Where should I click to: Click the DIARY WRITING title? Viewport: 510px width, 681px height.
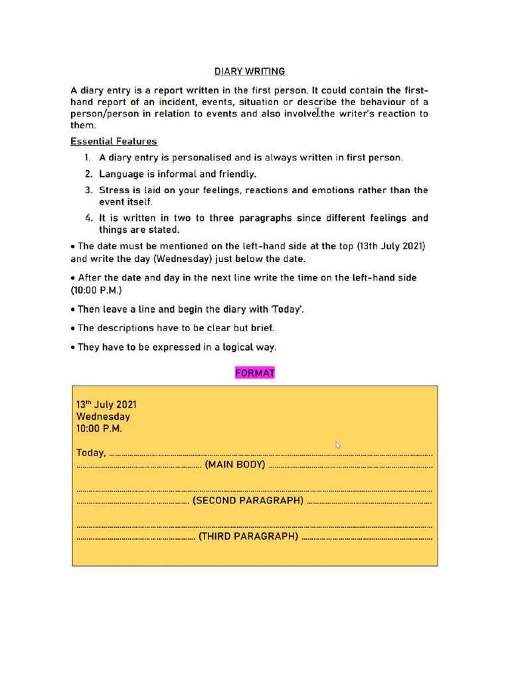pyautogui.click(x=249, y=71)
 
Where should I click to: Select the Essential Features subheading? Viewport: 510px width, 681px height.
pyautogui.click(x=114, y=141)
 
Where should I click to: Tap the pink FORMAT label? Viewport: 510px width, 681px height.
pyautogui.click(x=254, y=373)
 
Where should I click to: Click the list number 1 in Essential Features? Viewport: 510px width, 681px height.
pyautogui.click(x=87, y=158)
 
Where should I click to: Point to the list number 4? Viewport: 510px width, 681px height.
pyautogui.click(x=88, y=218)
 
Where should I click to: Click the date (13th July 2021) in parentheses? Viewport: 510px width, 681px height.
pyautogui.click(x=390, y=246)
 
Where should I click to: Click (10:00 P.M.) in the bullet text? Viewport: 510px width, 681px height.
pyautogui.click(x=96, y=291)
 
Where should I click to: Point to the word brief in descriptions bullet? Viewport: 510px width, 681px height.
pyautogui.click(x=262, y=328)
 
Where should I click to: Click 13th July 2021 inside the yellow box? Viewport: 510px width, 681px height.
pyautogui.click(x=106, y=404)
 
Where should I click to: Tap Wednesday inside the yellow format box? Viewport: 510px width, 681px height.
pyautogui.click(x=103, y=417)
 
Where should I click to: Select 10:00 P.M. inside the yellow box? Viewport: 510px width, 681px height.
pyautogui.click(x=99, y=429)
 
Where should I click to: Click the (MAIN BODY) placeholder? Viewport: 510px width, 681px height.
pyautogui.click(x=235, y=465)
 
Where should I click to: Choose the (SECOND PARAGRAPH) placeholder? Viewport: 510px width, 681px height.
pyautogui.click(x=248, y=501)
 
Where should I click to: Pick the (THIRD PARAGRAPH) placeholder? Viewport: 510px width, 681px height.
pyautogui.click(x=248, y=537)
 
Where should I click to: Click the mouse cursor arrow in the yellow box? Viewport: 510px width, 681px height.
pyautogui.click(x=338, y=445)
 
